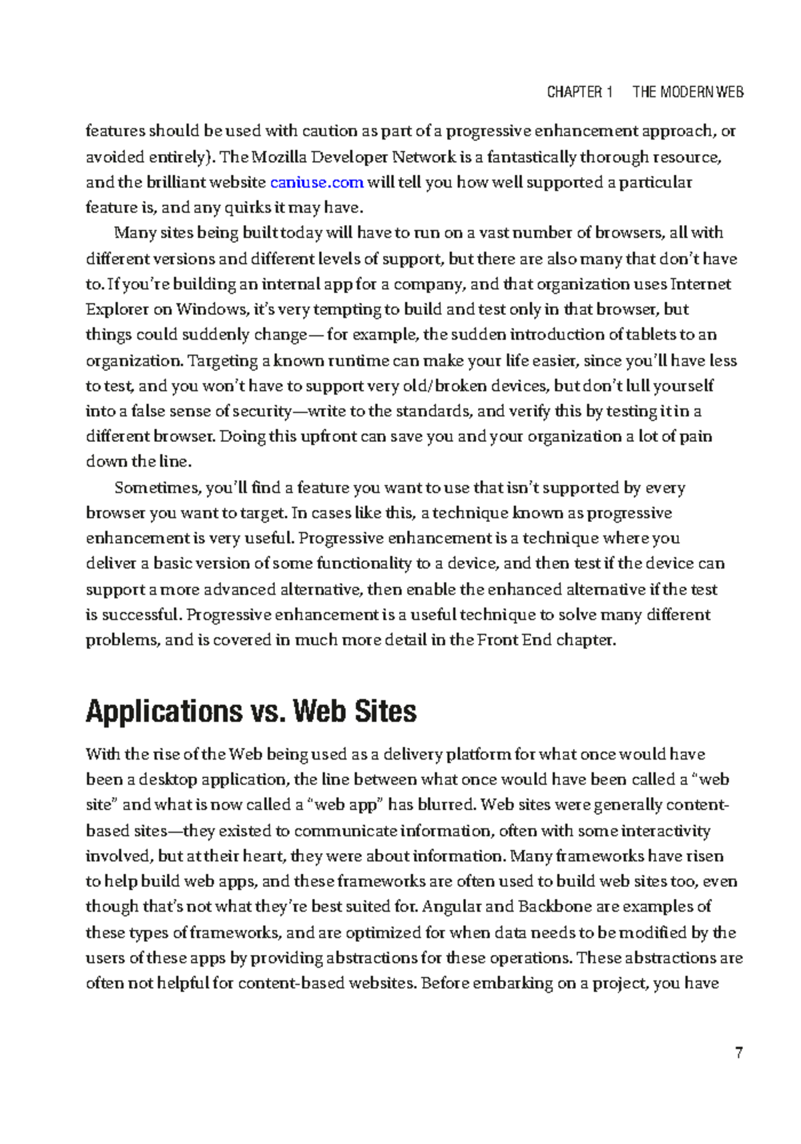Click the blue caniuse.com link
pos(316,182)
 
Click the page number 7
pos(739,1054)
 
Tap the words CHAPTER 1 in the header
pos(579,92)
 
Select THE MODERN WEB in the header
pos(688,92)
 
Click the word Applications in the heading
pos(164,711)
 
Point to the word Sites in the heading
pos(385,711)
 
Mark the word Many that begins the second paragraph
pos(129,233)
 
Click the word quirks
pos(248,208)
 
